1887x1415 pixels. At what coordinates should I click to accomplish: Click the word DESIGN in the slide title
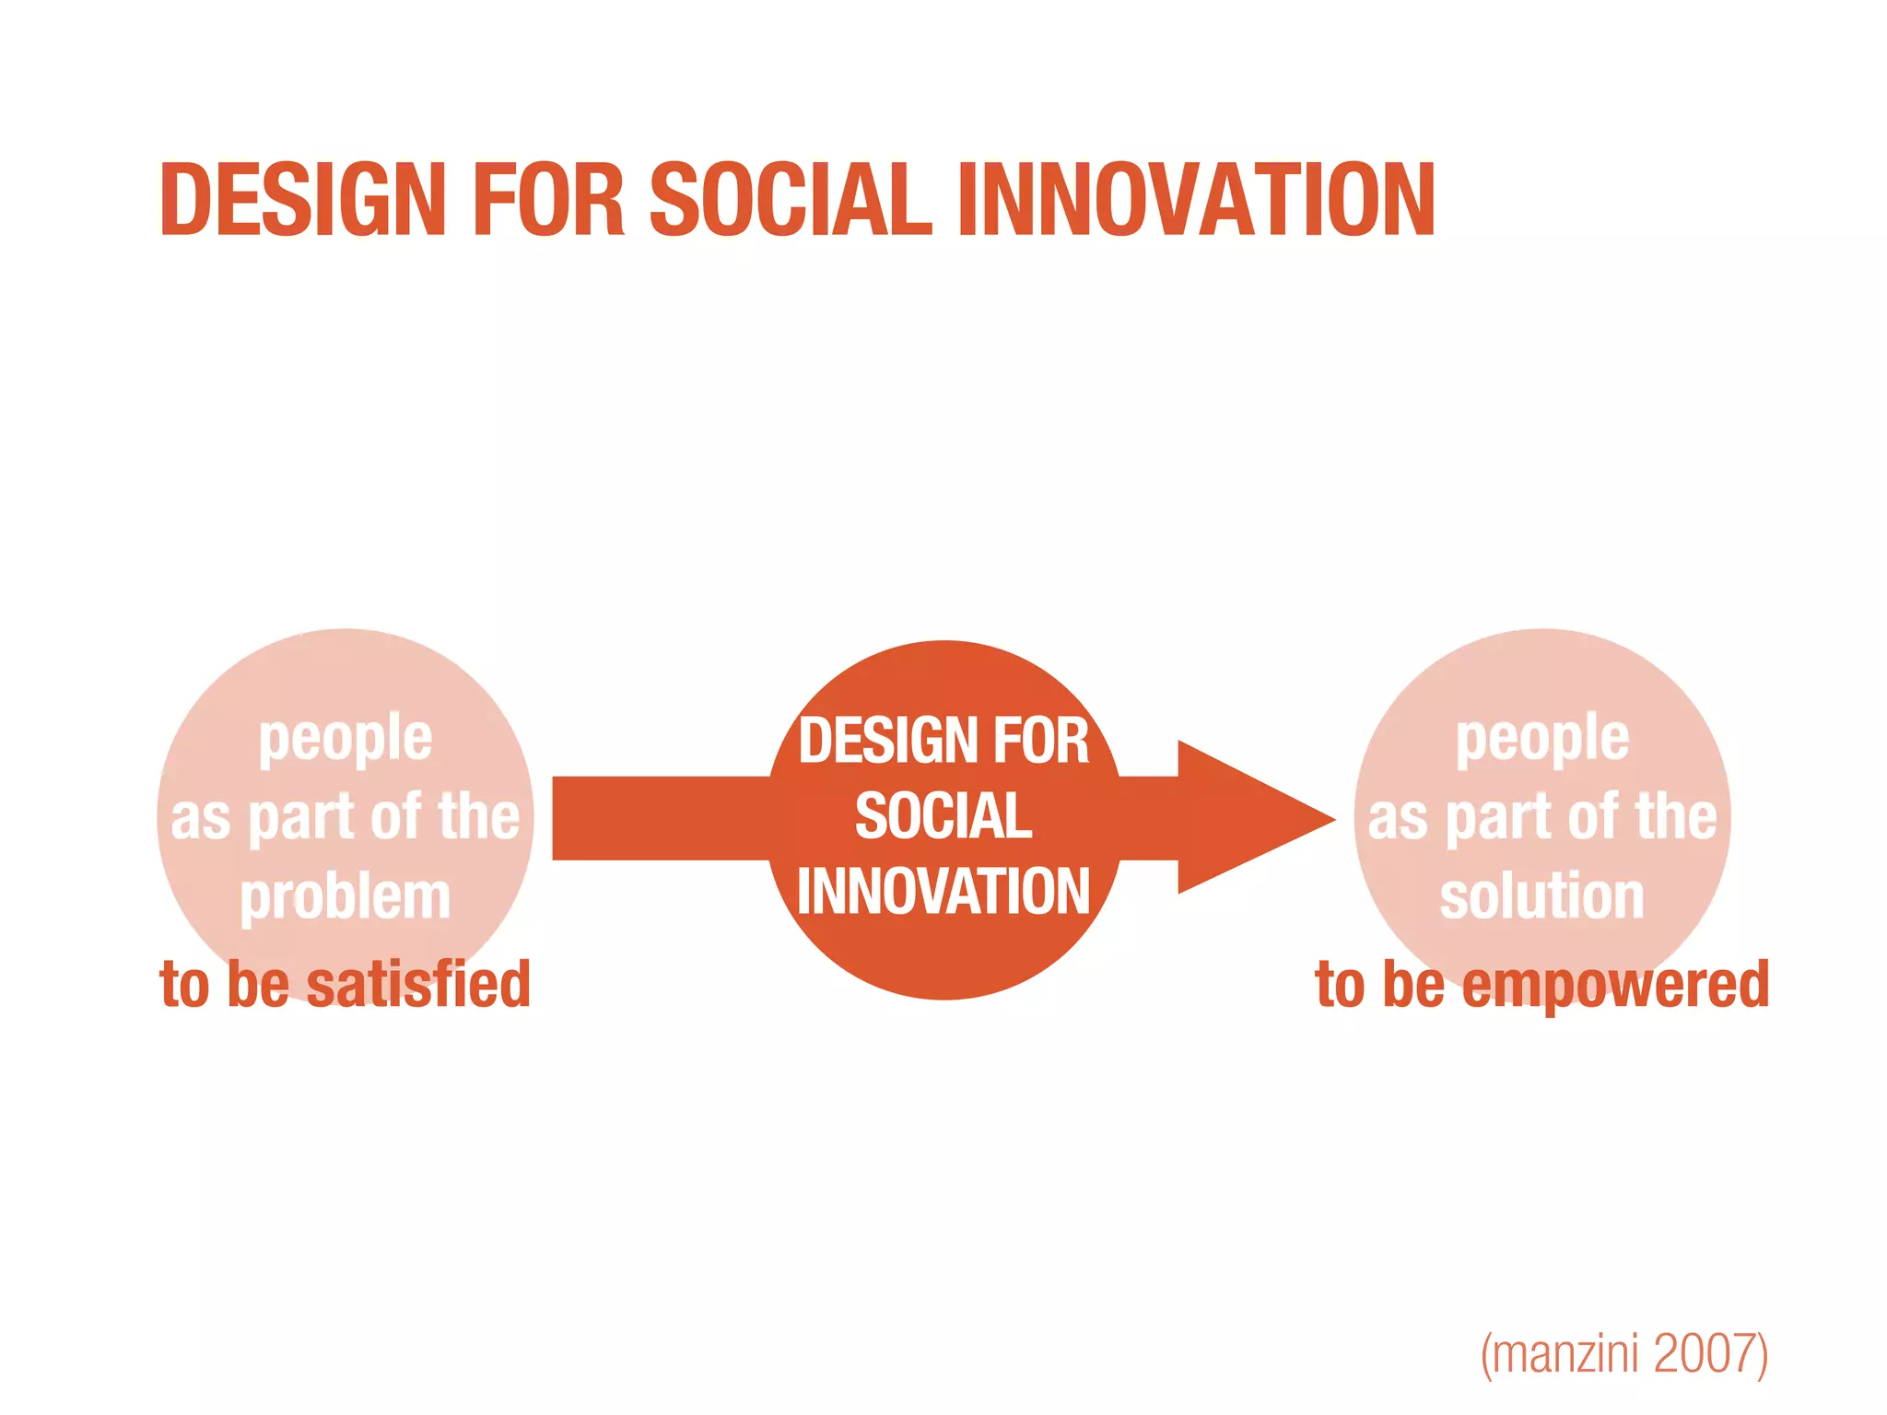[302, 200]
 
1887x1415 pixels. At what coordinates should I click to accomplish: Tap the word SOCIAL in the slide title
[791, 200]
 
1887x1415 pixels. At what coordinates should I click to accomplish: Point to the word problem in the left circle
[346, 896]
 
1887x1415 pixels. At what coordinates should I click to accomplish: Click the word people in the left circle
[346, 739]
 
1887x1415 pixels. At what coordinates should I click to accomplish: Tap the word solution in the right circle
[1541, 896]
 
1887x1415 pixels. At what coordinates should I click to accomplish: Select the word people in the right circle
[1542, 739]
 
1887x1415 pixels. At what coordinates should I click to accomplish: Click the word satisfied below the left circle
[418, 984]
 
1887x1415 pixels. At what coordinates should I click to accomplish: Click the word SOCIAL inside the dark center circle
[943, 816]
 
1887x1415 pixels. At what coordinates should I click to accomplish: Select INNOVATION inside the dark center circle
[943, 892]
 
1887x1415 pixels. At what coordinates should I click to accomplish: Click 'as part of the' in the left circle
[346, 818]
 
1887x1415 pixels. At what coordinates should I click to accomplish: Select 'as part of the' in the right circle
[1541, 818]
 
